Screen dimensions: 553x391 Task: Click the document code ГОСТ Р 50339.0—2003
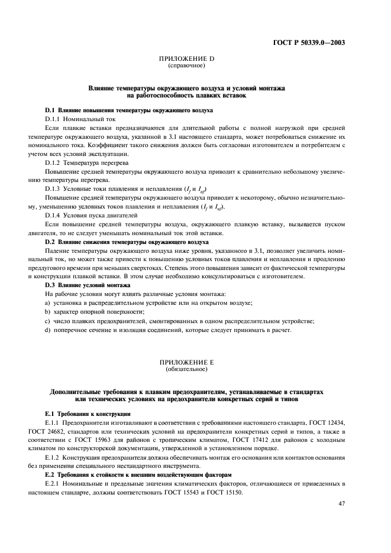click(x=317, y=43)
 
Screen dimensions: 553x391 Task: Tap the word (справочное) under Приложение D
click(x=186, y=66)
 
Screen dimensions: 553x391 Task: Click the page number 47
click(x=341, y=503)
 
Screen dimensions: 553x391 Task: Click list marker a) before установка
click(x=47, y=302)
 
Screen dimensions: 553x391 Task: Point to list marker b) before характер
click(x=47, y=311)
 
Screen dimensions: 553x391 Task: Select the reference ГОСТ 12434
click(x=327, y=423)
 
